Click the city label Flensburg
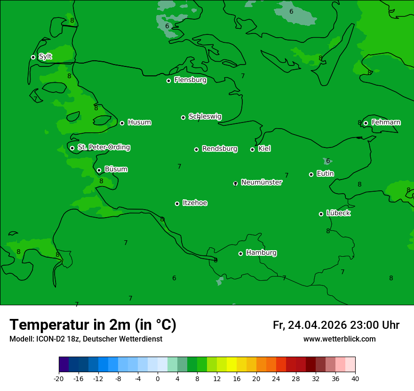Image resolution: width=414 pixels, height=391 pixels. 190,80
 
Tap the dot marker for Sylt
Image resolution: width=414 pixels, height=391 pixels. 33,57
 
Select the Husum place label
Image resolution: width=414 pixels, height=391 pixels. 139,122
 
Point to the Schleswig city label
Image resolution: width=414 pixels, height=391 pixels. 205,116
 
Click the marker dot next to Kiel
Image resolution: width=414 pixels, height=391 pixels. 252,149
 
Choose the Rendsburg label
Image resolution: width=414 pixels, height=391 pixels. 220,149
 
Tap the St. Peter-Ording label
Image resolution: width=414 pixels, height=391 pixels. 103,147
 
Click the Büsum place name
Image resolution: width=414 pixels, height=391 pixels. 116,169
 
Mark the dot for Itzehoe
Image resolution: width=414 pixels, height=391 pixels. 177,204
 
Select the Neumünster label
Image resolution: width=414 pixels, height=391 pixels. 261,182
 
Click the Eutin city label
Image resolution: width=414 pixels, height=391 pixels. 325,173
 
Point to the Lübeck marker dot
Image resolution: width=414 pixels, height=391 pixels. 321,214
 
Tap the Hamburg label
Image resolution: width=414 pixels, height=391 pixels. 261,253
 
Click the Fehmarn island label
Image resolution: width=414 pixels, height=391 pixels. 386,122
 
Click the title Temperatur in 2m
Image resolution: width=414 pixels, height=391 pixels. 93,325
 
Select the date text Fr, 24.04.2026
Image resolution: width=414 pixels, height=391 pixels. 310,325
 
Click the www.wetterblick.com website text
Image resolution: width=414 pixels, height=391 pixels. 339,339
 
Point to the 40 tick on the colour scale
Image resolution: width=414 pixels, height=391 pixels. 355,378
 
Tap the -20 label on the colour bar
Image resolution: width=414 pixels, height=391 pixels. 59,378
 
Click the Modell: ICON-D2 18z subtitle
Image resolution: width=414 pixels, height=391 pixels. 86,339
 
